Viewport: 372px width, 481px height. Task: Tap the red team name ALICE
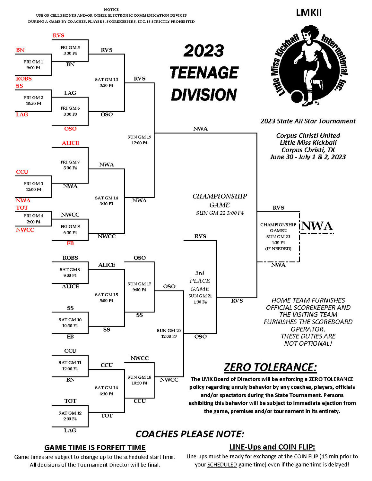[x=70, y=143]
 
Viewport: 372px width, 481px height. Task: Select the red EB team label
[x=70, y=243]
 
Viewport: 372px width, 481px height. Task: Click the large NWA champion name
[x=317, y=226]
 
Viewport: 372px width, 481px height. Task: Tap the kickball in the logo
[x=298, y=97]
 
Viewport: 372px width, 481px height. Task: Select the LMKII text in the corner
[x=309, y=13]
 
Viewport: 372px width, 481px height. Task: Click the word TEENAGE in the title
[x=204, y=72]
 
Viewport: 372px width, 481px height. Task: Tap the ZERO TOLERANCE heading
[x=270, y=367]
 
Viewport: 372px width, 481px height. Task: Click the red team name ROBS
[x=24, y=79]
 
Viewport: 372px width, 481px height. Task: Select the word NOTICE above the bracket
[x=111, y=10]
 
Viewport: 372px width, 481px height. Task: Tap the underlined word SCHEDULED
[x=222, y=465]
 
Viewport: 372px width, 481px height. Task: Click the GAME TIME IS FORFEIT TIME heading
[x=95, y=448]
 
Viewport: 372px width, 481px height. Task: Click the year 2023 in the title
[x=203, y=51]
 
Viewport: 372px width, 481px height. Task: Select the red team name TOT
[x=22, y=207]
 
